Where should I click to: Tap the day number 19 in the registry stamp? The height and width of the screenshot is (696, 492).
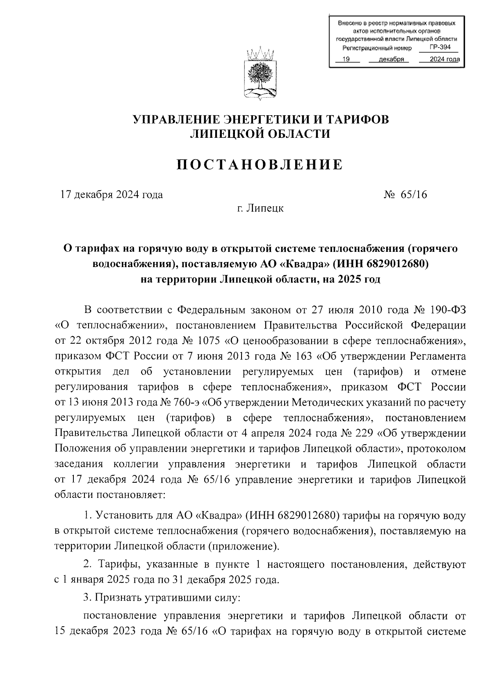tap(345, 59)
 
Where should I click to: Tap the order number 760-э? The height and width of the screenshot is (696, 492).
tap(188, 403)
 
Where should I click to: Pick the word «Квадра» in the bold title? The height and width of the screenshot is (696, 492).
tap(304, 264)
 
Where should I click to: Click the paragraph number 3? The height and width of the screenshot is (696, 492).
tap(87, 598)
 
